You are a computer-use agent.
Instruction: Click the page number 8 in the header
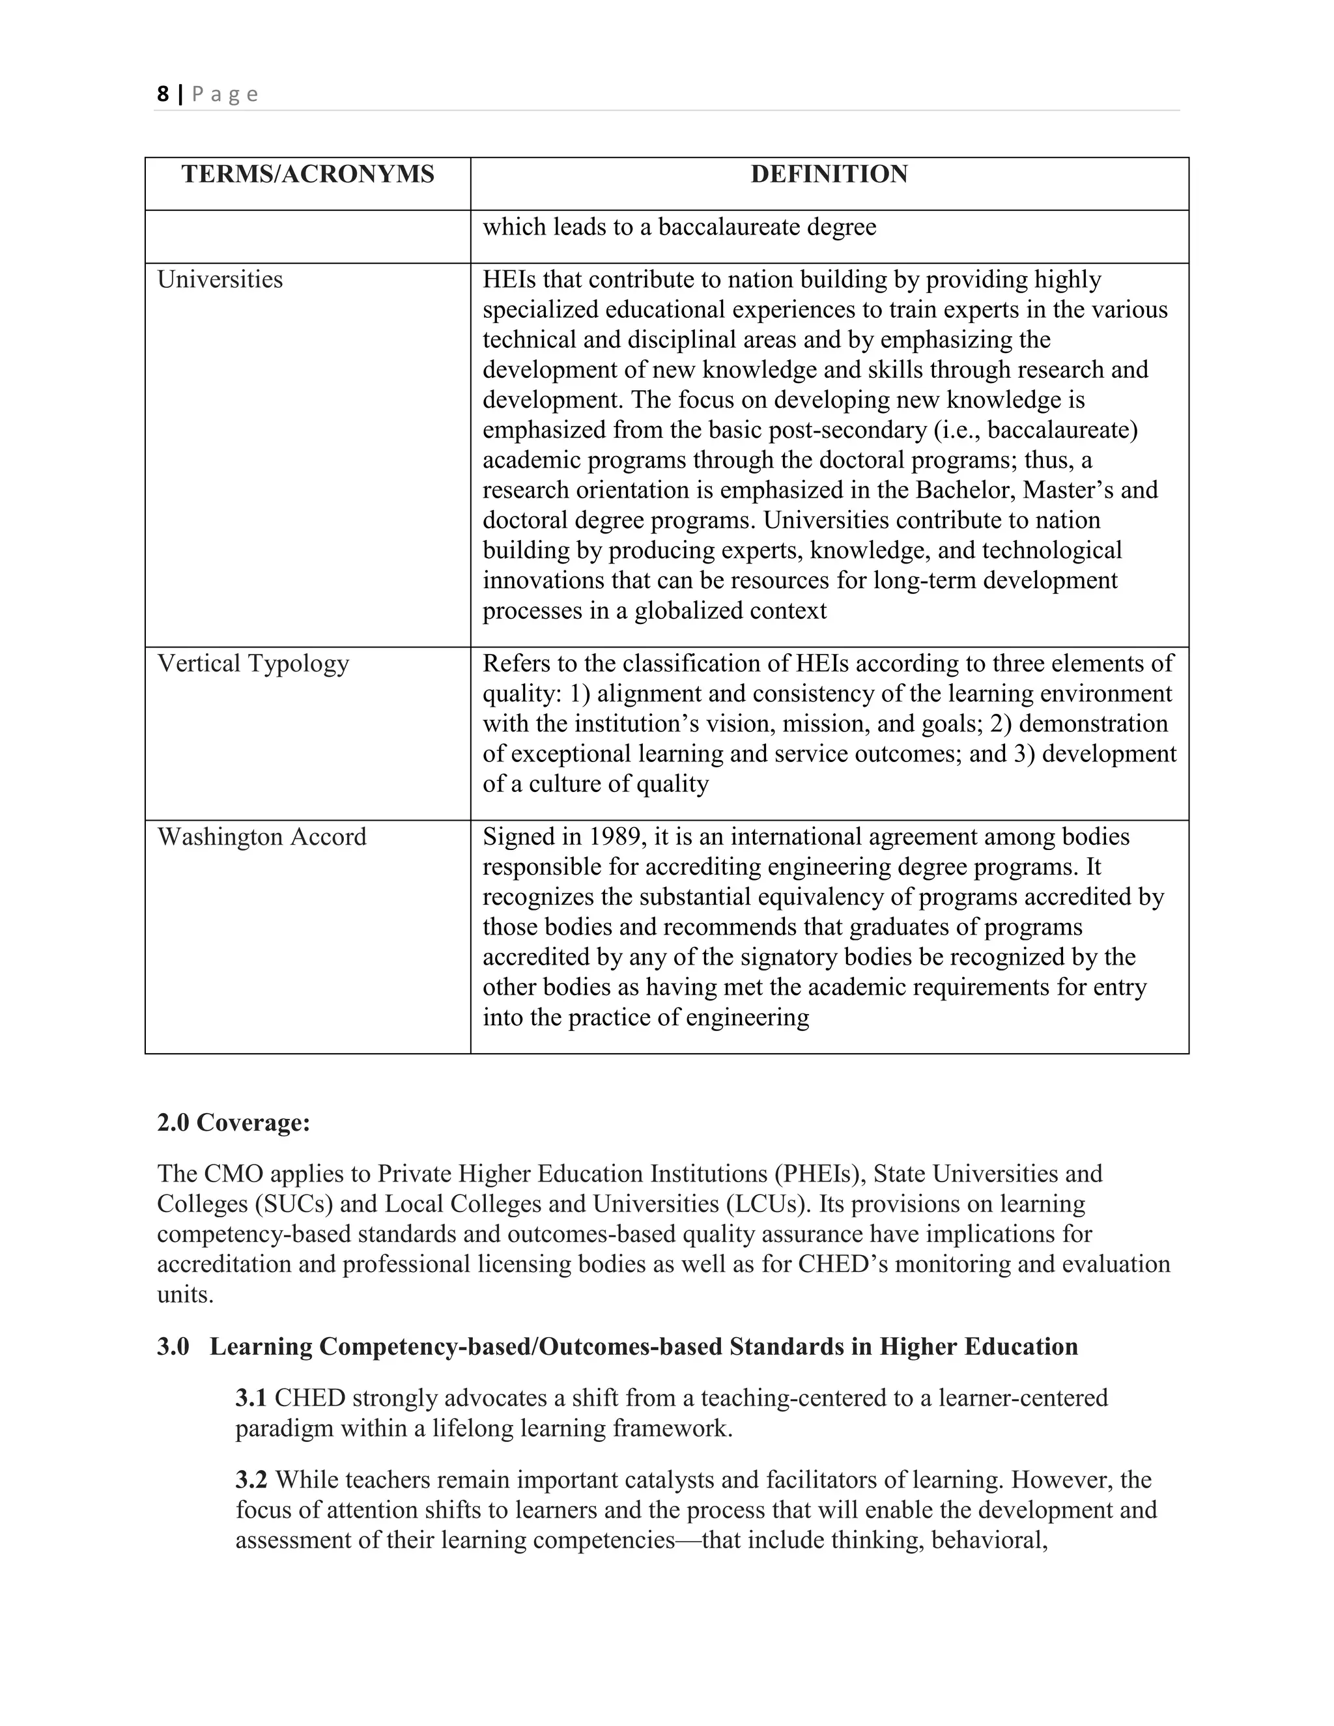163,94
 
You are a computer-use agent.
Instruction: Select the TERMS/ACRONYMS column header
307,174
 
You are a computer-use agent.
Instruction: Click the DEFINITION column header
829,174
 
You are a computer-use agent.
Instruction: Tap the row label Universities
220,280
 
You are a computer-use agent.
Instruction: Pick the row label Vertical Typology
253,663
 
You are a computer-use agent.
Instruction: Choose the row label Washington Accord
262,837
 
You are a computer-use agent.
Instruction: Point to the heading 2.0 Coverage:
233,1122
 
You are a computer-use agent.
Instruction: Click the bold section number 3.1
251,1398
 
